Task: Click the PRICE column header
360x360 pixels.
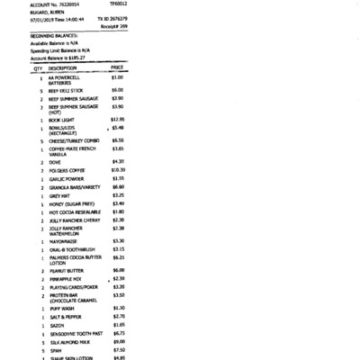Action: (116, 67)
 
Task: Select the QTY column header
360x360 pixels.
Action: (38, 67)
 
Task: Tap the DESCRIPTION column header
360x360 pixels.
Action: (62, 67)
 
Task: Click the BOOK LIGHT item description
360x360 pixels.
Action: (61, 119)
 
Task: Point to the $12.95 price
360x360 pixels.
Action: (118, 119)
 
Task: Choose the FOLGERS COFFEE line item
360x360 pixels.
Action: (67, 170)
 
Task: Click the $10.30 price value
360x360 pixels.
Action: (118, 169)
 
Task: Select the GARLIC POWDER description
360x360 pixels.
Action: (67, 178)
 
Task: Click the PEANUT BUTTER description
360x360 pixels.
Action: (67, 270)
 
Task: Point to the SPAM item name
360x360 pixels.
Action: (55, 350)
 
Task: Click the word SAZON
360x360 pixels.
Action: (57, 324)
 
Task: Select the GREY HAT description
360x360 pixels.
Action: (60, 195)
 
